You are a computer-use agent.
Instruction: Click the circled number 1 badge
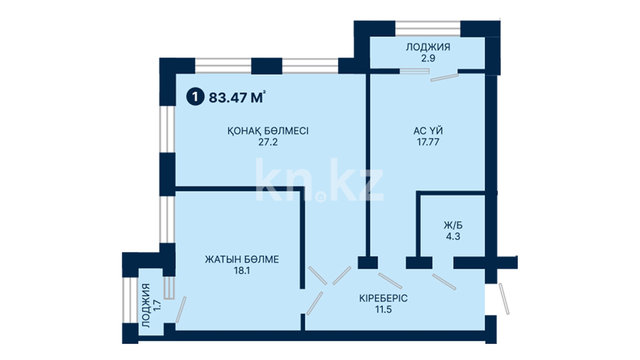tap(195, 97)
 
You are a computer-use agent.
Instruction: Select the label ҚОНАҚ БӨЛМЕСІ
tap(268, 131)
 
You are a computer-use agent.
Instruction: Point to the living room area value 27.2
tap(268, 142)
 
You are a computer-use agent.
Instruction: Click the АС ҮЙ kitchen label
tap(428, 131)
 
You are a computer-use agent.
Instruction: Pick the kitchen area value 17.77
tap(428, 142)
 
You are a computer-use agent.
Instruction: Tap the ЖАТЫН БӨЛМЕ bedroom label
tap(242, 260)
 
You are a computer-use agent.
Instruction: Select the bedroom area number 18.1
tap(242, 271)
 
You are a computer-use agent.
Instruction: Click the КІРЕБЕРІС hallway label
tap(383, 298)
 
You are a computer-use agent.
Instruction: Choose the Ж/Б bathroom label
tap(453, 226)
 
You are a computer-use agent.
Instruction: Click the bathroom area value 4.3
tap(453, 236)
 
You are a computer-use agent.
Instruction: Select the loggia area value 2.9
tap(428, 58)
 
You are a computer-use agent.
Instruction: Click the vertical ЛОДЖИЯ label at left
tap(146, 305)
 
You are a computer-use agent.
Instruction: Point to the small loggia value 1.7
tap(158, 305)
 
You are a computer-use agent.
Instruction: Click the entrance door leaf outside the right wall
tap(504, 299)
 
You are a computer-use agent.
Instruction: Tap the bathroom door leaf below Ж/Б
tap(444, 282)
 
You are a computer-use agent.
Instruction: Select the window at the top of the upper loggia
tap(428, 28)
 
